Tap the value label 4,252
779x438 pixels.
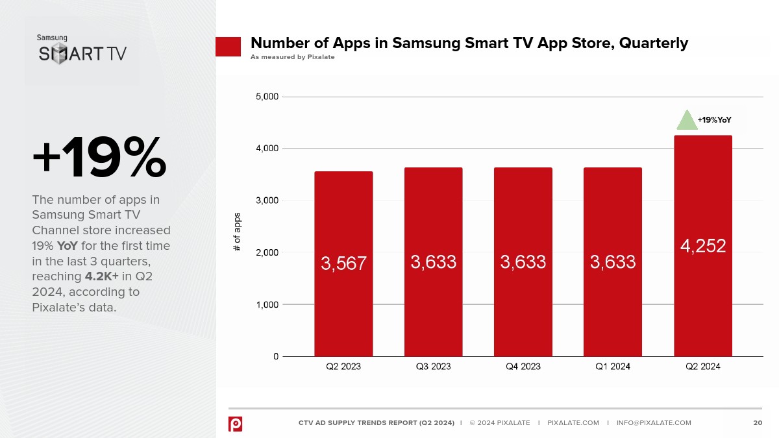click(703, 246)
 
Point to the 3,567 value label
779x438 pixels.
click(343, 263)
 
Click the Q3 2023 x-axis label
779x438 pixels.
click(433, 367)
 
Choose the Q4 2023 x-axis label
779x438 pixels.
click(523, 367)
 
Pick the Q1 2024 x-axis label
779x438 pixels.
click(613, 367)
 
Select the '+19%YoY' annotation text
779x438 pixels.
click(715, 120)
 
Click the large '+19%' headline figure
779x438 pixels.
click(99, 158)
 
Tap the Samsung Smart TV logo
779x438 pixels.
click(82, 49)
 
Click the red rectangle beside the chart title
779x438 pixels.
click(228, 47)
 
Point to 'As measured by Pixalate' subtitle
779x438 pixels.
click(292, 57)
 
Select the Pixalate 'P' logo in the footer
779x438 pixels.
click(235, 423)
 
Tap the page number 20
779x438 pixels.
click(757, 423)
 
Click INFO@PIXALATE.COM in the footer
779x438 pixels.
click(654, 423)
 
